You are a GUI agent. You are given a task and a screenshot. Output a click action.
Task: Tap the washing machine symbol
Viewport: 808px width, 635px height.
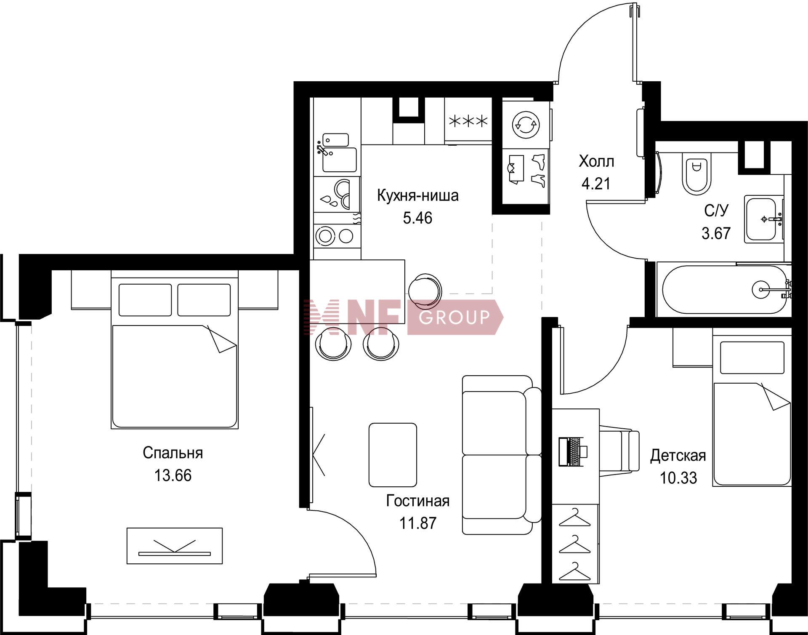(x=526, y=124)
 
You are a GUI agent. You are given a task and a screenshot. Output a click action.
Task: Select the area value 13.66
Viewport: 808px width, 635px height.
(x=173, y=475)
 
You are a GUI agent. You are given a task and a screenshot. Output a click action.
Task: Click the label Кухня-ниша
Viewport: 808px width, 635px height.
(x=417, y=196)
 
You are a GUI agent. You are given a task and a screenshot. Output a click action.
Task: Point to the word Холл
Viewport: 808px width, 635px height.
(x=596, y=161)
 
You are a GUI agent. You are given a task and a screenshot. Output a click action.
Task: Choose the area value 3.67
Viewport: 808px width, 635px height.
(x=716, y=233)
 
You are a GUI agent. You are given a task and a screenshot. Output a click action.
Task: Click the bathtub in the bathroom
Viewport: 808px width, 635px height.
(x=724, y=289)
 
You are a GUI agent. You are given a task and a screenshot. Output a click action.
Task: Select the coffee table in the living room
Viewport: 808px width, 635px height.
(x=393, y=455)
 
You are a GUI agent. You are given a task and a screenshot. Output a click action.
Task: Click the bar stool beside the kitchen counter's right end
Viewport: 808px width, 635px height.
(x=425, y=290)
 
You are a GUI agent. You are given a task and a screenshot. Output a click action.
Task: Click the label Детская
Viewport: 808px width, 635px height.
(x=678, y=456)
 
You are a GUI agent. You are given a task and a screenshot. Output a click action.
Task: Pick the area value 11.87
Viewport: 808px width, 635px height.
(x=417, y=523)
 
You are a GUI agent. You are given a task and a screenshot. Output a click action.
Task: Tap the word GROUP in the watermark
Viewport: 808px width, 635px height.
(x=454, y=317)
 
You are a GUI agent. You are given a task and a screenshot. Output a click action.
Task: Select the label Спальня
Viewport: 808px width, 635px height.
(x=173, y=453)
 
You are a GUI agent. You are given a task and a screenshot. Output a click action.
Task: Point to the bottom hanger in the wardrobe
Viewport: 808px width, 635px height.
(x=574, y=571)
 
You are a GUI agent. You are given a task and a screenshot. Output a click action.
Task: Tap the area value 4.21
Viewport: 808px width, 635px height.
(x=596, y=184)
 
